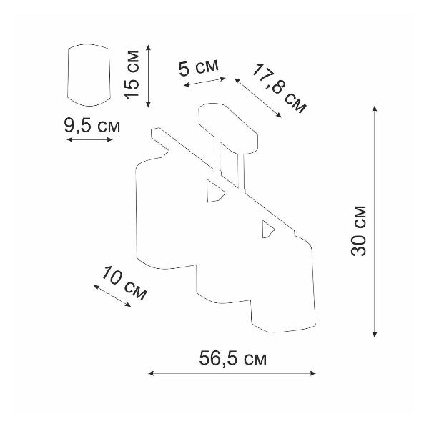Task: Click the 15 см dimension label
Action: [132, 74]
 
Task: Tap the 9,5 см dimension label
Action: [92, 126]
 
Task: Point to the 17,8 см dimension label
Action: [279, 88]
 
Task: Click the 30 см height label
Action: [358, 231]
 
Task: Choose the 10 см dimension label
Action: [124, 282]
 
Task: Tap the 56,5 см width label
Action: [233, 358]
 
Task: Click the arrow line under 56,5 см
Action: [232, 373]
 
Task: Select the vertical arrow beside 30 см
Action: [375, 221]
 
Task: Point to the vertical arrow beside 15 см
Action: [148, 76]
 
